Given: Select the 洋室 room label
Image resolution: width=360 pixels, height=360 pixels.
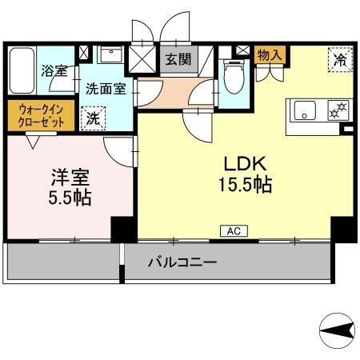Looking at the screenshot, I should point(63,175).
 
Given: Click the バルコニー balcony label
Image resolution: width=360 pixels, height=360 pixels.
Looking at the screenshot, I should point(182,262).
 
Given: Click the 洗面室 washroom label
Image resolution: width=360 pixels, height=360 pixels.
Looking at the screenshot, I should point(106,90).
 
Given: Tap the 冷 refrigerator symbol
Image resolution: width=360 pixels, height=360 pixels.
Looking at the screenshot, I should point(340,59).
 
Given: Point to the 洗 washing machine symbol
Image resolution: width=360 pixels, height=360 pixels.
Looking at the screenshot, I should point(93,117).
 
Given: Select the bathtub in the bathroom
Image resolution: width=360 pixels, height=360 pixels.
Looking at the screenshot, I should point(22,72).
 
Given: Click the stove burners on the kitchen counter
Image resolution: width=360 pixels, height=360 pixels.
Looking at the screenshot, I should point(338,109).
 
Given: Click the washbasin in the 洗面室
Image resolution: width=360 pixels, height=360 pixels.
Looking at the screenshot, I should point(110,57).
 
